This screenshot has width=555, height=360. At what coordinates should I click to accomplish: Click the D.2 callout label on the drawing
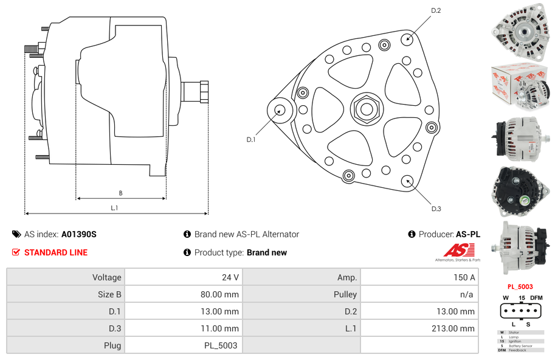point(435,10)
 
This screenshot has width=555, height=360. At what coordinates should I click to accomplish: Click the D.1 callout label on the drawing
point(251,140)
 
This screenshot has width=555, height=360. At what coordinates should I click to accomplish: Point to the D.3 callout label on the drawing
point(436,209)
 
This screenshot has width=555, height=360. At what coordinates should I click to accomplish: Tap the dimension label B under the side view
point(120,193)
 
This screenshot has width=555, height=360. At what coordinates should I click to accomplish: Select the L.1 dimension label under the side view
point(114,208)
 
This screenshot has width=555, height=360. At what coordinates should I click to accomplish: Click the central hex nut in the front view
point(366,109)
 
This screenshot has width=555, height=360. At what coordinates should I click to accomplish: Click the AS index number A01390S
point(78,234)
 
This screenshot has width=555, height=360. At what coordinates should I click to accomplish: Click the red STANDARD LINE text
point(56,252)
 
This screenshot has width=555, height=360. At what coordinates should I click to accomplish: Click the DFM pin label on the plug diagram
point(536,297)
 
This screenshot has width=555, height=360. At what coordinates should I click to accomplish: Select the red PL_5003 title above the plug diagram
point(520,286)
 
